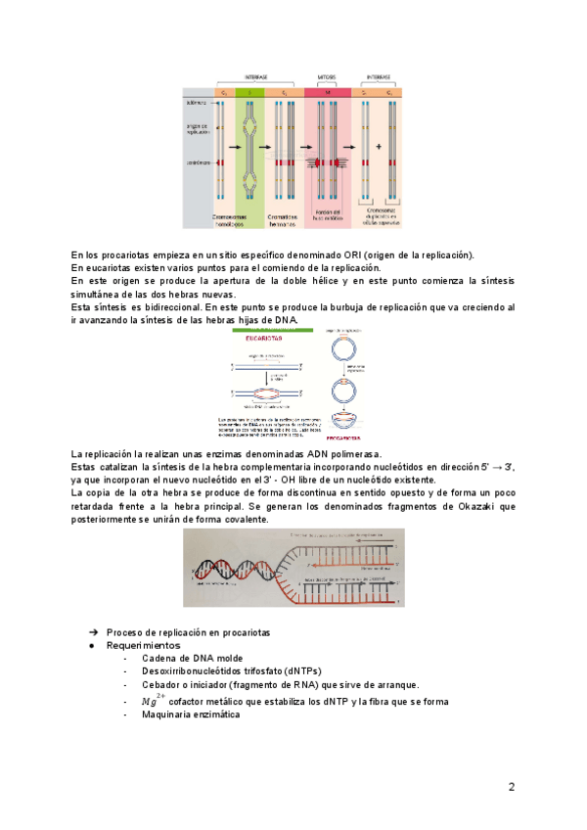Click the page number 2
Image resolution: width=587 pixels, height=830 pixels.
(511, 786)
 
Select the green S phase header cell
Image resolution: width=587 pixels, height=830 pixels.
(249, 91)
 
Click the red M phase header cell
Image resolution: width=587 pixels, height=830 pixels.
(328, 91)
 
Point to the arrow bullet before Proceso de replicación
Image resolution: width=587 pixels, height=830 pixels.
(94, 632)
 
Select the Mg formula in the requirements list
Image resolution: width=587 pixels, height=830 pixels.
(152, 701)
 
